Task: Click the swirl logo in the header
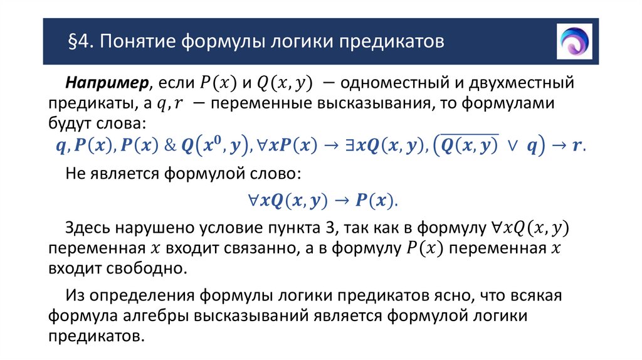tap(574, 41)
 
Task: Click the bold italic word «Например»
tap(107, 83)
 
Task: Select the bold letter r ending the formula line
tap(577, 145)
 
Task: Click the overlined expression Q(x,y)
tap(468, 144)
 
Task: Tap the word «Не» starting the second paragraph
tap(75, 173)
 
